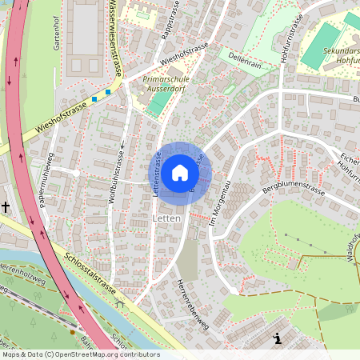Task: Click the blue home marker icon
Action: click(180, 172)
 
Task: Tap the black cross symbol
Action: click(6, 207)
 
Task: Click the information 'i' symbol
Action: click(277, 338)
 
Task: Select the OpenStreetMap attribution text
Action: click(81, 354)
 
